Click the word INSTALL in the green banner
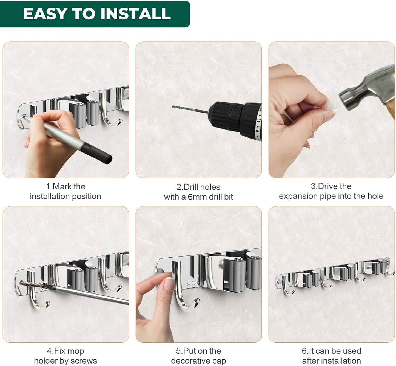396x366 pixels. (136, 14)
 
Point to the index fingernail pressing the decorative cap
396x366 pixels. (170, 284)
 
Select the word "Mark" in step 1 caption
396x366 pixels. (62, 187)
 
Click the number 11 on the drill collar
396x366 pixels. (258, 120)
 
